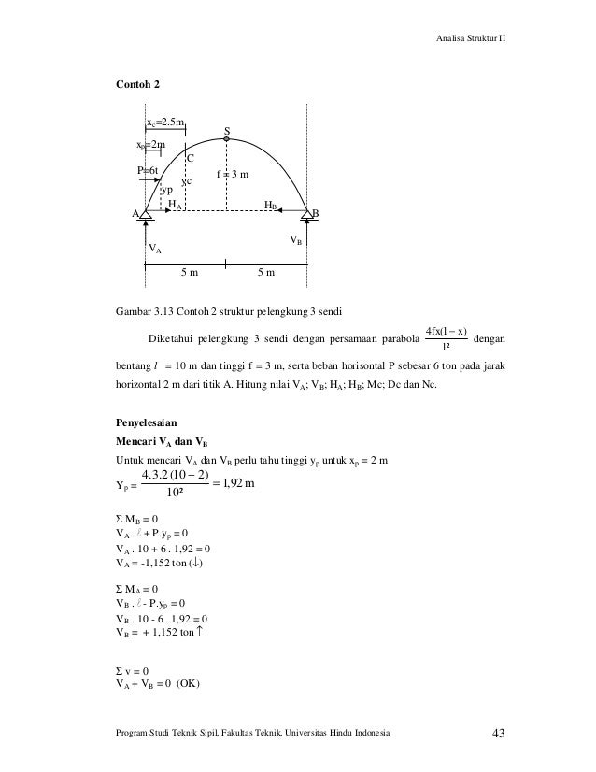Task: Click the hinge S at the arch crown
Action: [226, 139]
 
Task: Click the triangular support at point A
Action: [145, 217]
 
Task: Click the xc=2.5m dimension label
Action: [165, 122]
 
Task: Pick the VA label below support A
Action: [155, 250]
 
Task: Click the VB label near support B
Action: [294, 240]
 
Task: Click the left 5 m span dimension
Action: [190, 273]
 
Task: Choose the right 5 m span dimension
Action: [266, 273]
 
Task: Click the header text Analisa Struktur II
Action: [472, 38]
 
